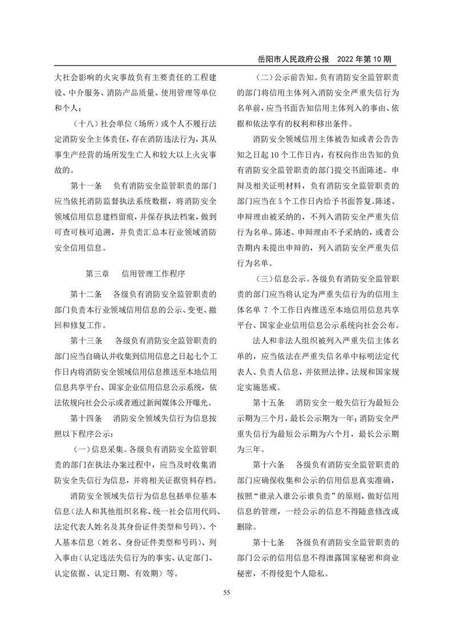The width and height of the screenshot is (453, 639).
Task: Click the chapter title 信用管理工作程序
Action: point(153,273)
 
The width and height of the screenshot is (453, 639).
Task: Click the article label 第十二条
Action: point(86,294)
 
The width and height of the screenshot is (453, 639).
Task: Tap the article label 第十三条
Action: point(86,341)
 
